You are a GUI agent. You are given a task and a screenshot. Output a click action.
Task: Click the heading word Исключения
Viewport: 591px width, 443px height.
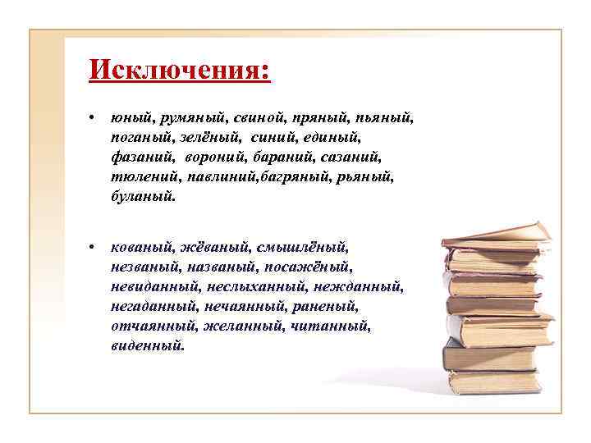click(179, 69)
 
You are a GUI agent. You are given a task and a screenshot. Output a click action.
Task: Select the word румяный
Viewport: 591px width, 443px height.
click(189, 119)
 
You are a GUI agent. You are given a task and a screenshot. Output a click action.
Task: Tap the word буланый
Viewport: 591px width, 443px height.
click(142, 198)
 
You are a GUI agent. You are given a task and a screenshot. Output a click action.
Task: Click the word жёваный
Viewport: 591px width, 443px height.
click(213, 246)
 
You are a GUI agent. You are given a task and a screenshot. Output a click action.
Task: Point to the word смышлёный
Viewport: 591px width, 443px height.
click(302, 246)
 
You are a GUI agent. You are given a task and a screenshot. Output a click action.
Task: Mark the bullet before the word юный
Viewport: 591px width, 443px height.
click(96, 120)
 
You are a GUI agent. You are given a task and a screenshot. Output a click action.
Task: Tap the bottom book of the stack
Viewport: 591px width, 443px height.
click(492, 381)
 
